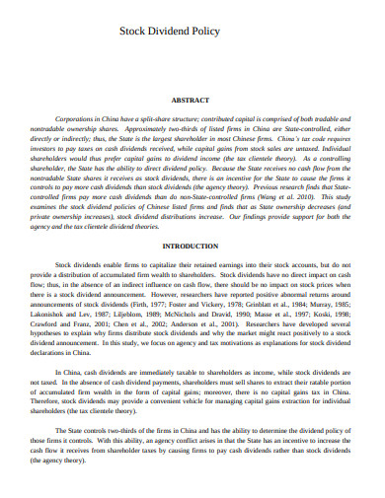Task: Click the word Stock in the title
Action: [133, 32]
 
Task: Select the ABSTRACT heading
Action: [192, 101]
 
